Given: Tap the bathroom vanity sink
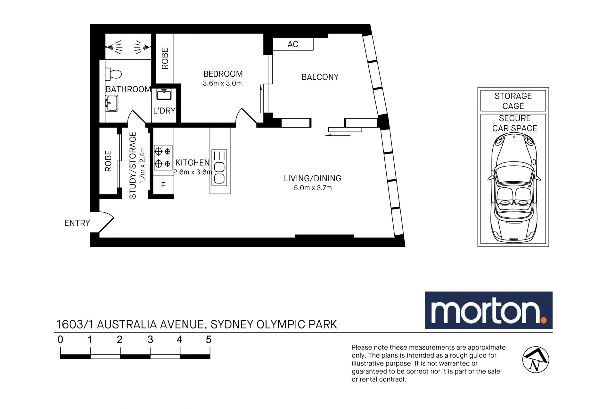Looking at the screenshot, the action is (111, 103).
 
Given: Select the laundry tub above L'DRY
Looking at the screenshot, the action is (164, 94).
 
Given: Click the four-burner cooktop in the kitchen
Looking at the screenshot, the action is (163, 157).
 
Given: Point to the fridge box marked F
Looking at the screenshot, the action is (163, 185).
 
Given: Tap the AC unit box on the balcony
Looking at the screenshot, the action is (293, 44).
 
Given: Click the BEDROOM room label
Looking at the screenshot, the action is (223, 74).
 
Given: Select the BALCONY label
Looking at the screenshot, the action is (320, 77).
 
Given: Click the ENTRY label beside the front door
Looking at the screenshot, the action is (77, 223).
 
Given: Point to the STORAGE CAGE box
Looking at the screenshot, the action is (513, 101).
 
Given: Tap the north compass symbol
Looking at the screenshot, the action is (536, 359).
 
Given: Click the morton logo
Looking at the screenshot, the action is (488, 310).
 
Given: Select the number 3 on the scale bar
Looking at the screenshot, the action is (150, 340).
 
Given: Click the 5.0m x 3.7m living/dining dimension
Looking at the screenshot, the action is (313, 188).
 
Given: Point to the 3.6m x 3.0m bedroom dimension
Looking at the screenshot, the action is (222, 83).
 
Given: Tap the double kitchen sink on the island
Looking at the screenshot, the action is (219, 168).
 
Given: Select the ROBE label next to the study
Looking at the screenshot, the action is (108, 161).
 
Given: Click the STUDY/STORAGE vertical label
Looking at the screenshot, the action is (133, 165).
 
